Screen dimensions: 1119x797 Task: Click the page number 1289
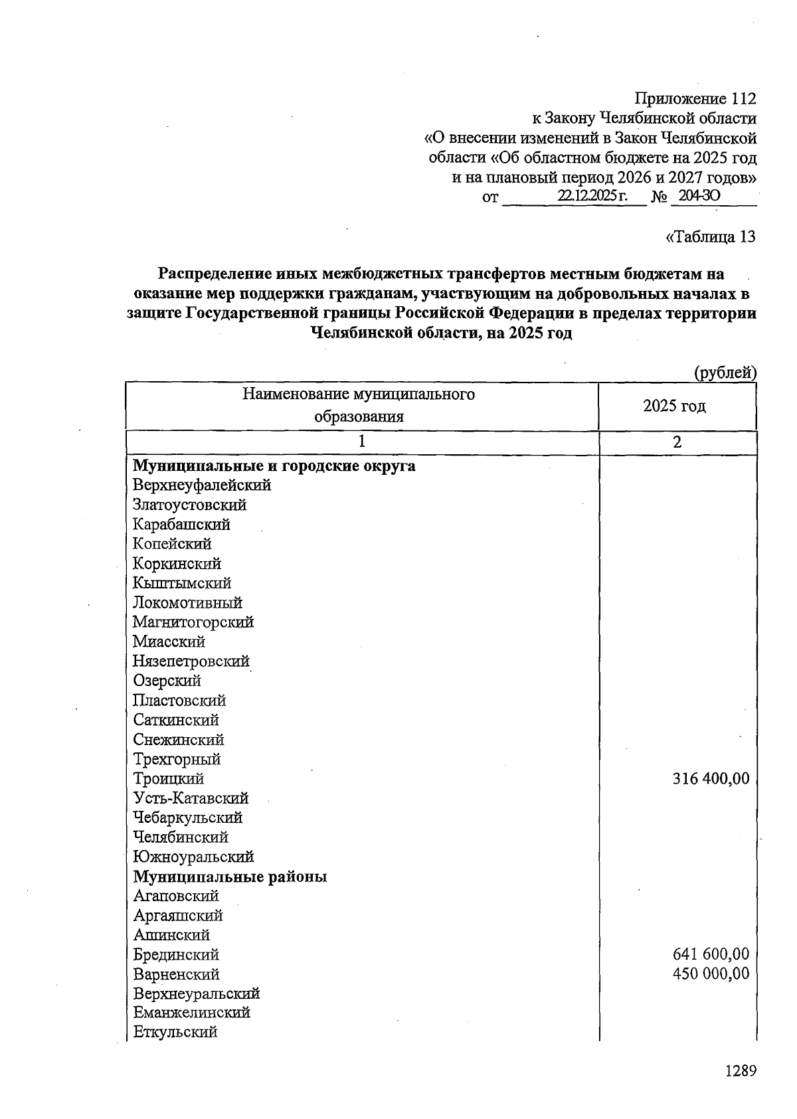[740, 1071]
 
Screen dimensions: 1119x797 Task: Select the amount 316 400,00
[711, 778]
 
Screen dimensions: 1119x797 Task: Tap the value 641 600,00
[711, 954]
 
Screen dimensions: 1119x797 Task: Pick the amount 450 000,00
[711, 974]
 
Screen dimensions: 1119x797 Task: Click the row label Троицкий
[168, 778]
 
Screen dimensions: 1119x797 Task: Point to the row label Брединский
[176, 954]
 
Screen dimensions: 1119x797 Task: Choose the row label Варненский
[176, 974]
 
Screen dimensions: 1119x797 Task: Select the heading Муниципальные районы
[230, 877]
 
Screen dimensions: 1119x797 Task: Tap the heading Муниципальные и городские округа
[274, 466]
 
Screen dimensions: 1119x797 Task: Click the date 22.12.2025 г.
[592, 197]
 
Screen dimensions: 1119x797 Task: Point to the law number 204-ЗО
[695, 197]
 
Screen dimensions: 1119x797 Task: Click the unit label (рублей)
[725, 373]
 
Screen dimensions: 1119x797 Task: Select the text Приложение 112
[695, 99]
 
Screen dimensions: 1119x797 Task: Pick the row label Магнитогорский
[193, 622]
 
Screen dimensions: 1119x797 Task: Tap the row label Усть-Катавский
[191, 798]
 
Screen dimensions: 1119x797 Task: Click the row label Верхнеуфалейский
[202, 485]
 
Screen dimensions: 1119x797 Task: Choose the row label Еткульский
[175, 1032]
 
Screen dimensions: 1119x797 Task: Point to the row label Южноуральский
[193, 857]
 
